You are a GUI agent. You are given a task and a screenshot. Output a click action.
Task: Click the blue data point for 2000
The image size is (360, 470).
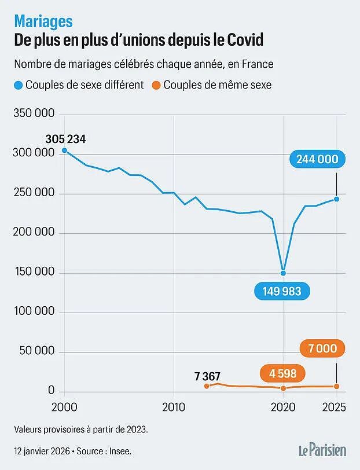pyautogui.click(x=64, y=150)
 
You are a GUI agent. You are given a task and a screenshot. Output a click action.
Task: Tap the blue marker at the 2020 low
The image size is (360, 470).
pyautogui.click(x=283, y=273)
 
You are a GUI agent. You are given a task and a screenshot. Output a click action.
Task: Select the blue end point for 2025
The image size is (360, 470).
pyautogui.click(x=337, y=199)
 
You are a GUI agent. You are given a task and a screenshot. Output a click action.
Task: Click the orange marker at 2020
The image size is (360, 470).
pyautogui.click(x=283, y=388)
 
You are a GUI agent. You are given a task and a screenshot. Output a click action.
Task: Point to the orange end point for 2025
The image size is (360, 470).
pyautogui.click(x=337, y=387)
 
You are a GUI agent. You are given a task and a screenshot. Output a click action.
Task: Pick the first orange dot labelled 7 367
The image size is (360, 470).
pyautogui.click(x=207, y=386)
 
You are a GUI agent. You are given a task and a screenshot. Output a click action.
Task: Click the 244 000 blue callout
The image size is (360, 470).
pyautogui.click(x=317, y=159)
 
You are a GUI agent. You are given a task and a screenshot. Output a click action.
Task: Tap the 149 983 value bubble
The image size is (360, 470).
pyautogui.click(x=282, y=291)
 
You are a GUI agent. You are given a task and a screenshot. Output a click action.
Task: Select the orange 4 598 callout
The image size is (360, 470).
pyautogui.click(x=282, y=373)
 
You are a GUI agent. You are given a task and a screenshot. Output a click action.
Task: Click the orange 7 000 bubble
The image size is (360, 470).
pyautogui.click(x=322, y=348)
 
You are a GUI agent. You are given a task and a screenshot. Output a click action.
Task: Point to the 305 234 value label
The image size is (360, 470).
pyautogui.click(x=65, y=139)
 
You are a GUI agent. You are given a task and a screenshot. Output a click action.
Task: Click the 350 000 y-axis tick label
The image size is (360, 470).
pyautogui.click(x=34, y=113)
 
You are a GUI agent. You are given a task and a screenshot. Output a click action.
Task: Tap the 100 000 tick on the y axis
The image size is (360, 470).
pyautogui.click(x=34, y=311)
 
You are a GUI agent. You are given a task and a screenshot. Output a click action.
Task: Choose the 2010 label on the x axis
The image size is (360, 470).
pyautogui.click(x=174, y=407)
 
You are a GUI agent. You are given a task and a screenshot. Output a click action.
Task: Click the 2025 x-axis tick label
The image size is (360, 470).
pyautogui.click(x=334, y=407)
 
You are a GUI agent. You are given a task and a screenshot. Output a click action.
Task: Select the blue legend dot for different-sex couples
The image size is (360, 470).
pyautogui.click(x=19, y=86)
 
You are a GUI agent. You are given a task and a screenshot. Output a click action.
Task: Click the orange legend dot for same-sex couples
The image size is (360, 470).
pyautogui.click(x=156, y=86)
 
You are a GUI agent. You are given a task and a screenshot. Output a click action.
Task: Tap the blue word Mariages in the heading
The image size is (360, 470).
pyautogui.click(x=43, y=21)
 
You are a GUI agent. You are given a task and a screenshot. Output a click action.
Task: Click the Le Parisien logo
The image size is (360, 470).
pyautogui.click(x=322, y=450)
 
